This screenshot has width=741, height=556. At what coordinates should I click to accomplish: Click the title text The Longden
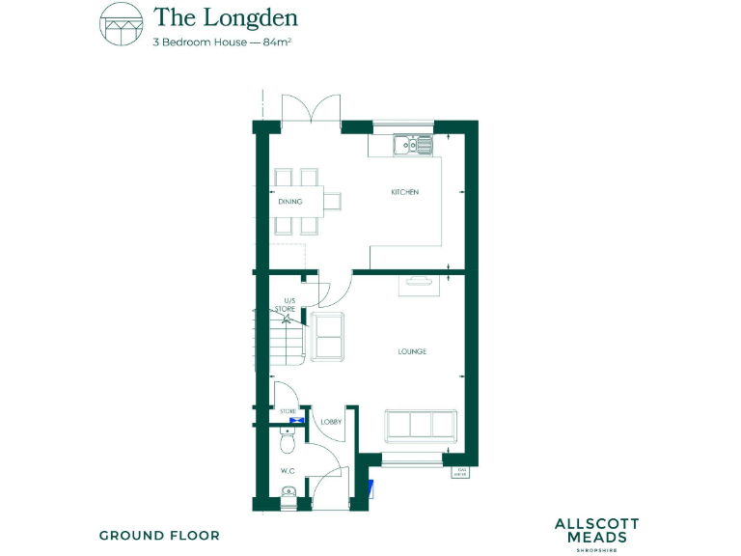pyautogui.click(x=225, y=17)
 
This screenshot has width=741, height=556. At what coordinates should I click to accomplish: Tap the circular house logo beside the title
pyautogui.click(x=121, y=24)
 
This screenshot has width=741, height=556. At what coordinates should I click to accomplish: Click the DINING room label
pyautogui.click(x=289, y=202)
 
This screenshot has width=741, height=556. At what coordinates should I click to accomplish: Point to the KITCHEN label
pyautogui.click(x=404, y=193)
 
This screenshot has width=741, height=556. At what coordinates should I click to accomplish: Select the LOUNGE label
pyautogui.click(x=412, y=351)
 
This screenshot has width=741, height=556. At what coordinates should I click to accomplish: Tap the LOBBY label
pyautogui.click(x=331, y=422)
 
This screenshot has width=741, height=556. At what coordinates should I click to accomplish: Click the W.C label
pyautogui.click(x=288, y=471)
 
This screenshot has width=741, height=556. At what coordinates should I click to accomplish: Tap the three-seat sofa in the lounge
pyautogui.click(x=420, y=425)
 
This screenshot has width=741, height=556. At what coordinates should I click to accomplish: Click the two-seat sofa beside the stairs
pyautogui.click(x=329, y=337)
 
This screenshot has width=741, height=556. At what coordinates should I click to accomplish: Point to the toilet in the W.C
pyautogui.click(x=286, y=441)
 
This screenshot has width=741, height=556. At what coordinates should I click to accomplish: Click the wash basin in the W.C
pyautogui.click(x=287, y=495)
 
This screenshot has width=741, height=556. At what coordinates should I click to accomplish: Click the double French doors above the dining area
pyautogui.click(x=311, y=109)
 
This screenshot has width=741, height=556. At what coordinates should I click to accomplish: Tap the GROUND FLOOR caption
pyautogui.click(x=159, y=535)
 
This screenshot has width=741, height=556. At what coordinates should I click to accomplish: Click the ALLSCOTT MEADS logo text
pyautogui.click(x=596, y=530)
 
